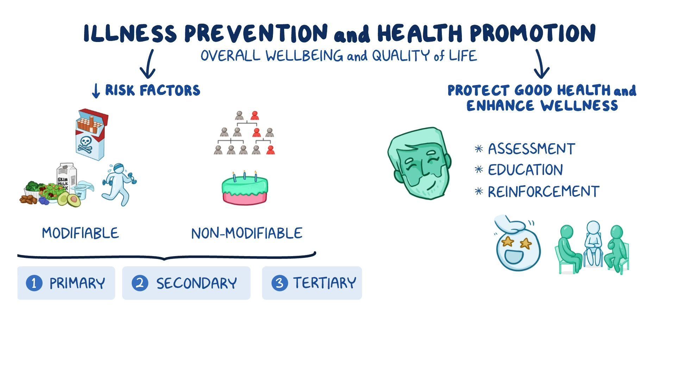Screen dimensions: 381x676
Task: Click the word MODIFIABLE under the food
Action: [80, 233]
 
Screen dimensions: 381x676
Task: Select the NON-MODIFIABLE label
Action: [246, 234]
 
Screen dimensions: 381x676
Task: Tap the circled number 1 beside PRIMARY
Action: [34, 283]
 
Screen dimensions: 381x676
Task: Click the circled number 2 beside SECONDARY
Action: [140, 283]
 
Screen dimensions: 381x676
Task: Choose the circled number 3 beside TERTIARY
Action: [280, 283]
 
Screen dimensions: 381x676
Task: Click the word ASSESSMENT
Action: [531, 149]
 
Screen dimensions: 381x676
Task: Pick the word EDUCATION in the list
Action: [525, 170]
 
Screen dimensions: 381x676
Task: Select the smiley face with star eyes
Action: [518, 247]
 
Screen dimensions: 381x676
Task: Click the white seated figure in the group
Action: [593, 243]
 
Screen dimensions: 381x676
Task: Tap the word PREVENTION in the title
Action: [256, 34]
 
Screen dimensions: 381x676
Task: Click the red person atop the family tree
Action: [255, 115]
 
